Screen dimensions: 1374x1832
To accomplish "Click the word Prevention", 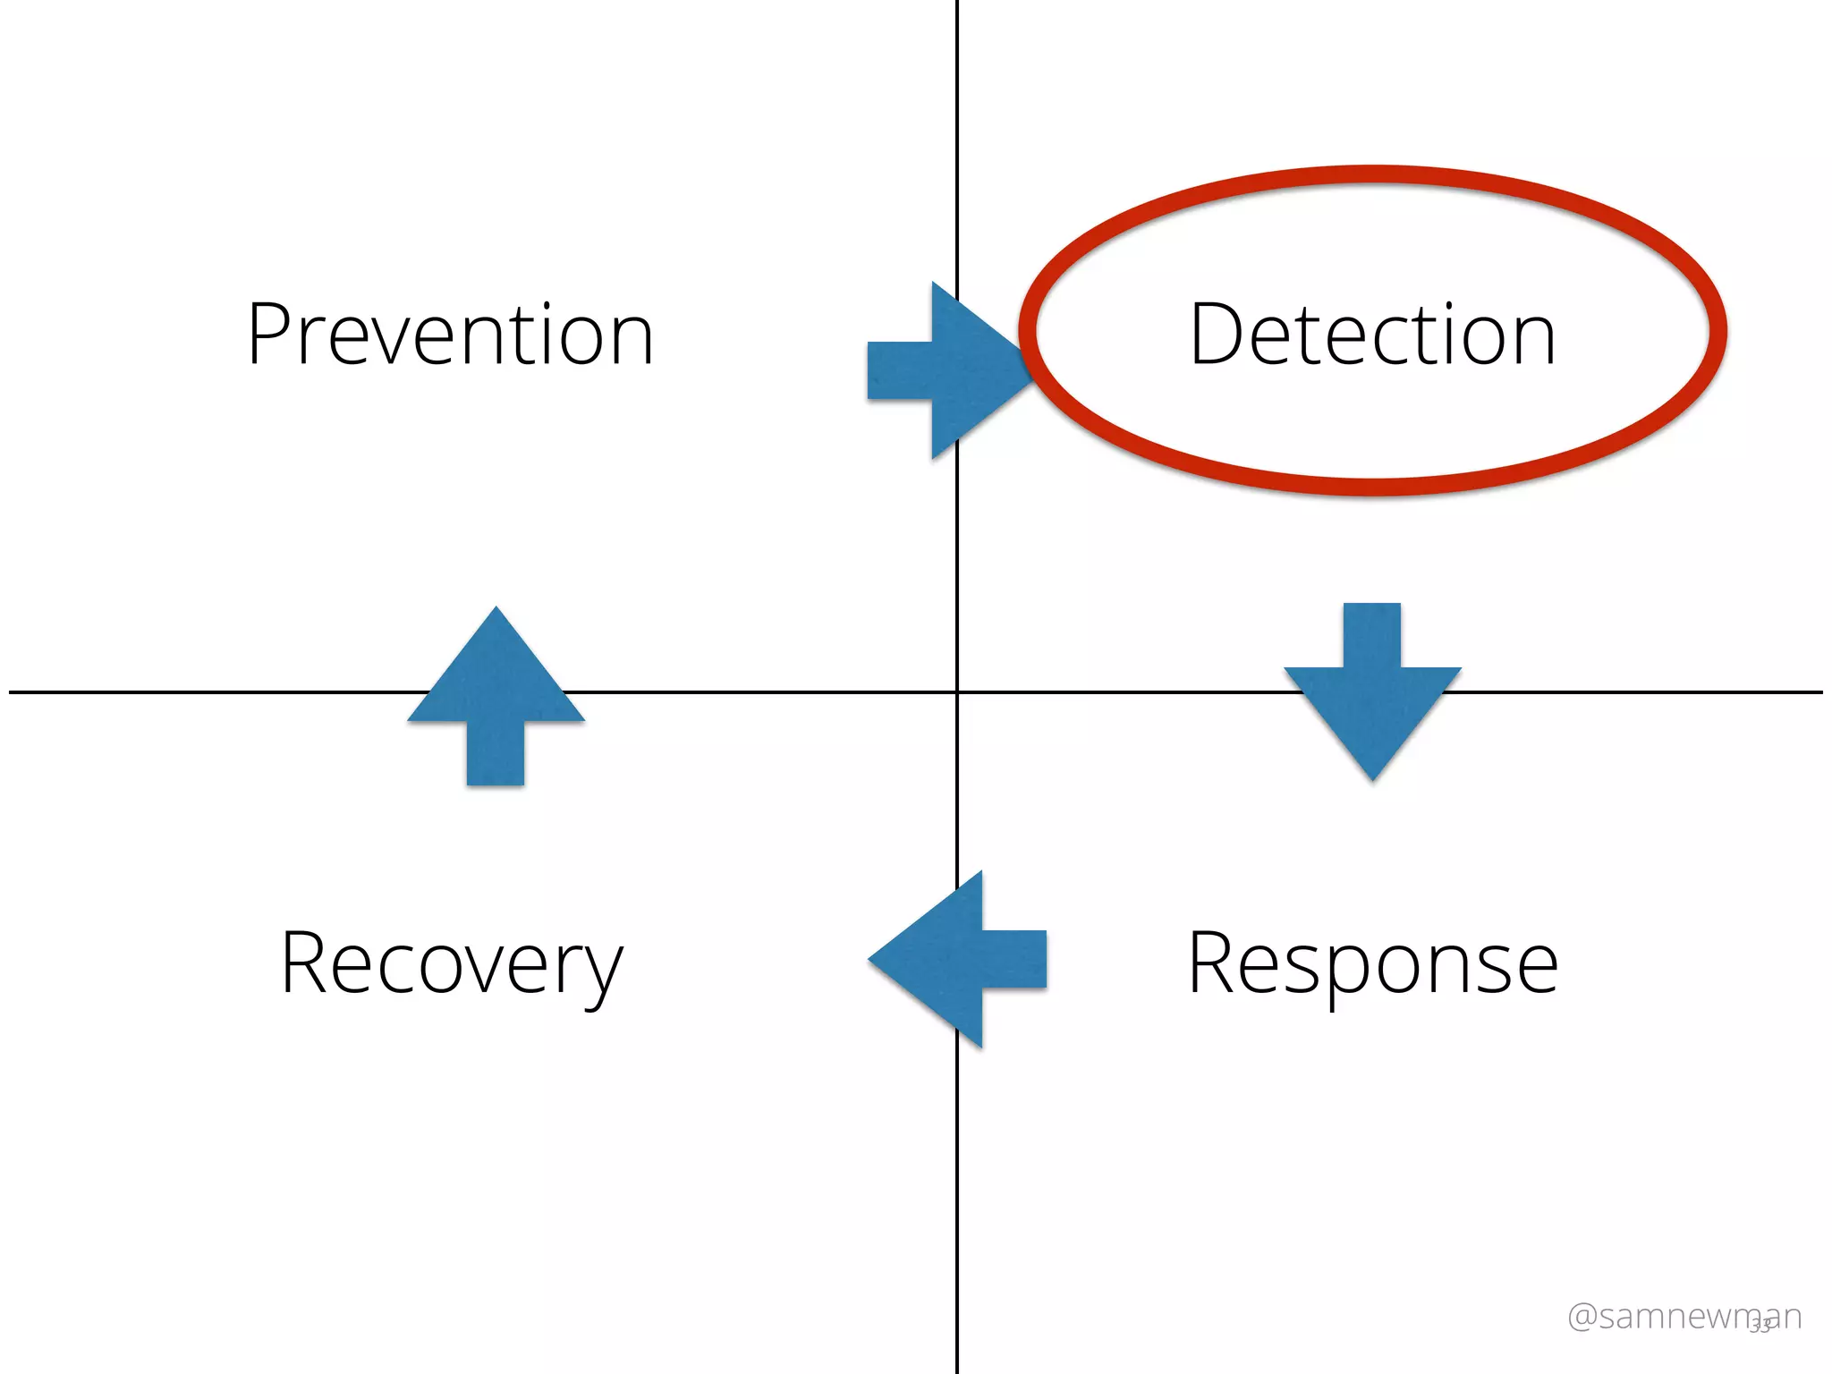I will coord(450,335).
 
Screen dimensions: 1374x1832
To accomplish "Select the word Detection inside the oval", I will coord(1372,335).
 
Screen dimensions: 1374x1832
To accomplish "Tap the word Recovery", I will coord(451,963).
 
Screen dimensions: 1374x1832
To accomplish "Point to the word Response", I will coord(1372,963).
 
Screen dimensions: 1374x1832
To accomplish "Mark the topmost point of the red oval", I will coord(1372,174).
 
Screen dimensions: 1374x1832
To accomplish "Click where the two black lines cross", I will coord(957,691).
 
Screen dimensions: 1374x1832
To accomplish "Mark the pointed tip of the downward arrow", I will coord(1372,779).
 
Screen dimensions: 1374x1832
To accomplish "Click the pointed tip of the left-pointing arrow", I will coord(870,959).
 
